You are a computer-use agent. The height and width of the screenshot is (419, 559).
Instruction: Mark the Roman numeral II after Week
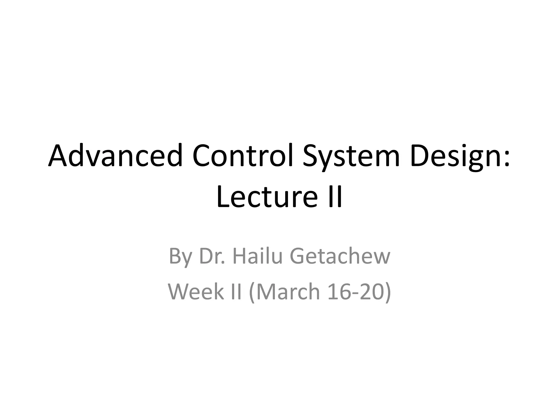click(236, 291)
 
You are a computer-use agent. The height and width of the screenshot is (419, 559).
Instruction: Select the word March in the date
click(288, 291)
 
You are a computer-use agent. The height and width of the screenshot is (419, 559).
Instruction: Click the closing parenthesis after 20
click(388, 292)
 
